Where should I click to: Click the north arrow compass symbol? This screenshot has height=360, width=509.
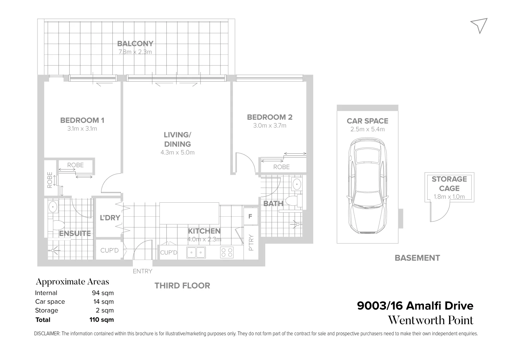480,25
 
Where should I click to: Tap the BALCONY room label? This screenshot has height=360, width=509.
135,44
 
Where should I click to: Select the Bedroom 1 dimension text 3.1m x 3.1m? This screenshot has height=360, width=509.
82,129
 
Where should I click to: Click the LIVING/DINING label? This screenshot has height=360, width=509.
177,139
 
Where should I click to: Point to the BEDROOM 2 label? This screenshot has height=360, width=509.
270,117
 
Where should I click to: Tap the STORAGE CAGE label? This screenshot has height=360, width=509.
449,184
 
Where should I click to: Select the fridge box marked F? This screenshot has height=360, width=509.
250,217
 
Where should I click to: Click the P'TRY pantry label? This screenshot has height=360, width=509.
251,243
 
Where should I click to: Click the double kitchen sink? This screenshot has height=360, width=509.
196,252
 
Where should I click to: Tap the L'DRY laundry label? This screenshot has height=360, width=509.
110,218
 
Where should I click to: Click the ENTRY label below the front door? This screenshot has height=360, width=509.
142,271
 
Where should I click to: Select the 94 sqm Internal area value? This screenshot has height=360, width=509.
103,293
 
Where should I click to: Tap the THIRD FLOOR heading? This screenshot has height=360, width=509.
182,286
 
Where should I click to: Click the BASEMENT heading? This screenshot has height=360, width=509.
417,258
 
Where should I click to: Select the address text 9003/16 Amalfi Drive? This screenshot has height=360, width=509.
415,306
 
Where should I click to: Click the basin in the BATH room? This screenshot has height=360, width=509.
296,184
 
